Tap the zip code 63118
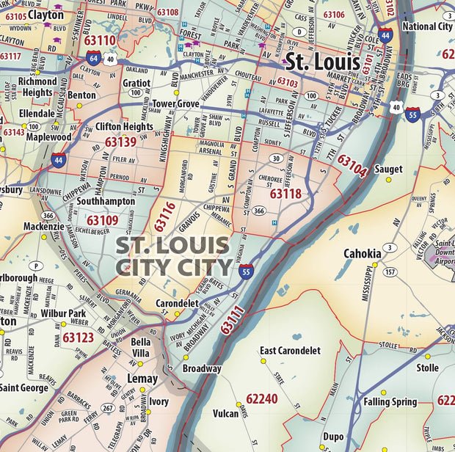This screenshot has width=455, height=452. pyautogui.click(x=285, y=194)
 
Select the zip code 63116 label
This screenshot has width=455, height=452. pyautogui.click(x=166, y=217)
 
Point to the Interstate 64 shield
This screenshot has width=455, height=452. pyautogui.click(x=93, y=57)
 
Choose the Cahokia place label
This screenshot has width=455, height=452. pyautogui.click(x=363, y=254)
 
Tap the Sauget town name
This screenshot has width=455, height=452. pyautogui.click(x=388, y=169)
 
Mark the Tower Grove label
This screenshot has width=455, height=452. pyautogui.click(x=175, y=104)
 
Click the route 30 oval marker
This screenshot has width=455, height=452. pyautogui.click(x=276, y=158)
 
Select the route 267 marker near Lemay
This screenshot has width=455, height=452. pyautogui.click(x=107, y=408)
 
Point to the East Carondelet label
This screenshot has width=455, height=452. pyautogui.click(x=290, y=351)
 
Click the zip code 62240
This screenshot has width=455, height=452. pyautogui.click(x=262, y=398)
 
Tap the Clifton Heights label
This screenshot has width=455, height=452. pyautogui.click(x=124, y=126)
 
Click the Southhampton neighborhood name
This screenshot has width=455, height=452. pyautogui.click(x=106, y=200)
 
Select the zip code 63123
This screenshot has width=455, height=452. pyautogui.click(x=78, y=338)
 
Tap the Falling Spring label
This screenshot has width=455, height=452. pyautogui.click(x=390, y=401)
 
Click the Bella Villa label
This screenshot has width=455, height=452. pyautogui.click(x=140, y=347)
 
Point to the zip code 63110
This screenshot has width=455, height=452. pyautogui.click(x=100, y=40)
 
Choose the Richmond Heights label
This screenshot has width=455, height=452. pyautogui.click(x=37, y=87)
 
